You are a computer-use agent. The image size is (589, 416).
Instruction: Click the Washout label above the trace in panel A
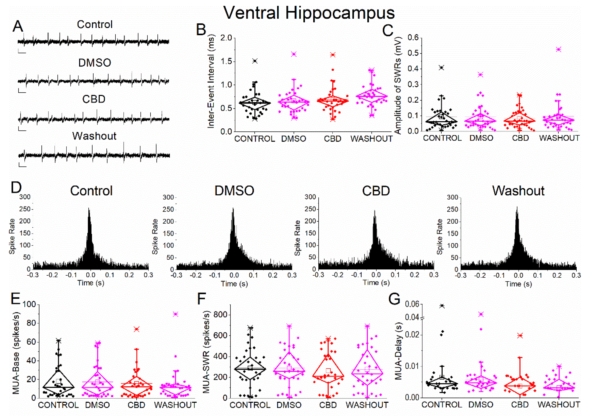[x=94, y=136]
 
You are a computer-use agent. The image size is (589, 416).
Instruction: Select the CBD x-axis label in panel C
[x=520, y=138]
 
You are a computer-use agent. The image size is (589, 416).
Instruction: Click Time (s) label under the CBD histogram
[x=376, y=283]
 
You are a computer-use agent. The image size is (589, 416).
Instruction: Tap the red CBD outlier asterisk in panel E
[x=136, y=329]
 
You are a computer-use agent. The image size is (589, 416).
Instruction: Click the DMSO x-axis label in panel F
[x=289, y=405]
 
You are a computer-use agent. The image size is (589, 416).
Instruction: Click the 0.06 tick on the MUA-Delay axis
[x=412, y=304]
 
